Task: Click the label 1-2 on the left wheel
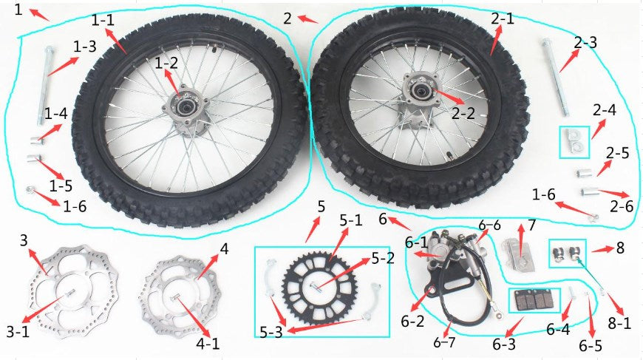(166, 63)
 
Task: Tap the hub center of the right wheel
(420, 89)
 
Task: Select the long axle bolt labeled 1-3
(44, 86)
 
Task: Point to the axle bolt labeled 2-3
(557, 77)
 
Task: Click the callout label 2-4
(604, 109)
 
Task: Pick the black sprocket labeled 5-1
(320, 287)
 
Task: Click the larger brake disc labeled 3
(75, 288)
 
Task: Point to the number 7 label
(532, 225)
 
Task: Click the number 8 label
(620, 248)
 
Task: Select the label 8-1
(619, 323)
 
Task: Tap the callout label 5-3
(271, 332)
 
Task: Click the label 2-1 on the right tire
(503, 18)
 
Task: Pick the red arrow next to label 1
(40, 14)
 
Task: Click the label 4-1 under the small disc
(208, 344)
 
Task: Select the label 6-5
(591, 346)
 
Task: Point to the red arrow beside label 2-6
(613, 193)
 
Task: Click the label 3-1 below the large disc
(18, 331)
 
